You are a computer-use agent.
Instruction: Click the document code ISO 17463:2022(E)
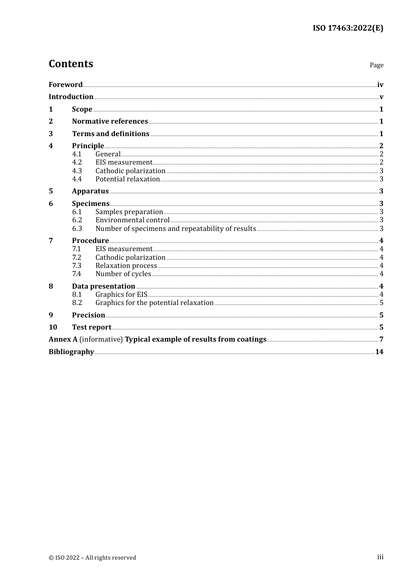348,28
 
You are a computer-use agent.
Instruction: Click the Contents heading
71,64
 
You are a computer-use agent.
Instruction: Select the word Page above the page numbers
376,65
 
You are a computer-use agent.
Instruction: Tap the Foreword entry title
65,84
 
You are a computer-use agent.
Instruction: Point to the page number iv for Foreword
380,85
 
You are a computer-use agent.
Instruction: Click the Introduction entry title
71,96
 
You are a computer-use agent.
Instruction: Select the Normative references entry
110,121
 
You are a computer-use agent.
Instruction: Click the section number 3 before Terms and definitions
51,134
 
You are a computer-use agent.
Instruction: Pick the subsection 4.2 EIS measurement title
124,162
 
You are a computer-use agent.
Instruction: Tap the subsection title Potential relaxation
127,179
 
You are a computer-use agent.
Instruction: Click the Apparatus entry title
90,191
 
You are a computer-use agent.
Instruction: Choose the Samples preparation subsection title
129,212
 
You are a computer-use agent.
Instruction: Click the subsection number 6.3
77,228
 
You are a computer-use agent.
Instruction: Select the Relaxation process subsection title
126,265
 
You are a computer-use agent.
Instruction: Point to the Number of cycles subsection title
123,274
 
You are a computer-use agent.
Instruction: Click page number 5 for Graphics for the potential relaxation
381,303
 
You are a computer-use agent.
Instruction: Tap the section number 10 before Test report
53,327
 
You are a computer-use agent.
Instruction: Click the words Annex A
63,339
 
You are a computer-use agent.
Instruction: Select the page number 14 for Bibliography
379,352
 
